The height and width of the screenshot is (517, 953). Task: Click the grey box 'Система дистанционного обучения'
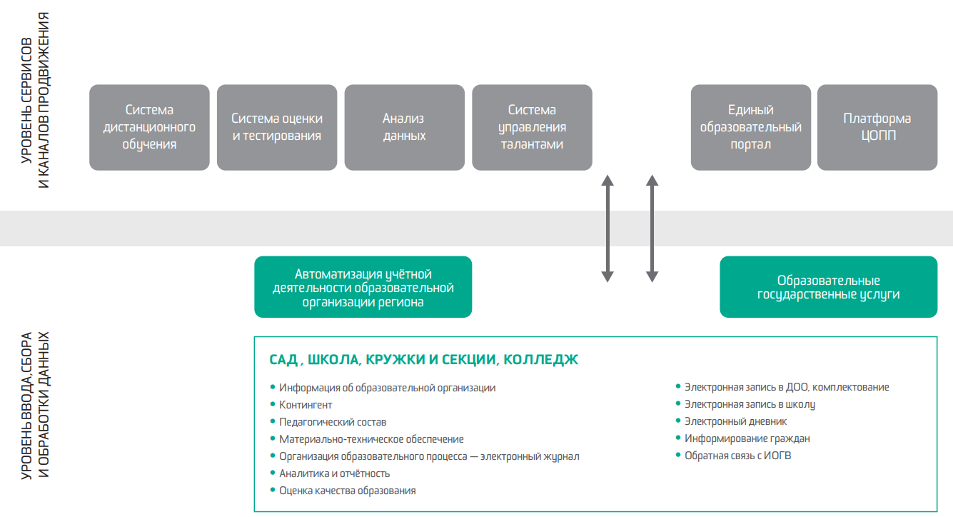click(x=149, y=127)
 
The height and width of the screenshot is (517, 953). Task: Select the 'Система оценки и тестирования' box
click(x=277, y=127)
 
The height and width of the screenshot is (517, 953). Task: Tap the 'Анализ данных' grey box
click(x=404, y=127)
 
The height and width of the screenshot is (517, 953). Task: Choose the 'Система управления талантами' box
click(x=532, y=127)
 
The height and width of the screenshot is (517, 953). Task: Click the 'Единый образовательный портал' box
click(x=751, y=127)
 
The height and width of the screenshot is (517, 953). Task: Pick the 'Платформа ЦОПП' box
click(x=877, y=127)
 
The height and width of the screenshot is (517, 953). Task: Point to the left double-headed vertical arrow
click(x=607, y=229)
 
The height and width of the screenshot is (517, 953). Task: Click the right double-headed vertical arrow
click(x=652, y=229)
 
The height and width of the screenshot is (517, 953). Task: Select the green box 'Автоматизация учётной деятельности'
click(x=363, y=287)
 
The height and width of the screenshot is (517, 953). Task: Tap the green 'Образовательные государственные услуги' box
click(x=828, y=287)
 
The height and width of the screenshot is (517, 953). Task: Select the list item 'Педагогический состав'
click(x=333, y=422)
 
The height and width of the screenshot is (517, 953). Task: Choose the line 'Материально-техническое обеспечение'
click(x=371, y=439)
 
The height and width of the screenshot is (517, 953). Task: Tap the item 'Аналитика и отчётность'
click(x=334, y=473)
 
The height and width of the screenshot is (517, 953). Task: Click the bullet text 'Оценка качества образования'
click(x=347, y=491)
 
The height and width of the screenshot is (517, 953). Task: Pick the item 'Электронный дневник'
click(x=735, y=421)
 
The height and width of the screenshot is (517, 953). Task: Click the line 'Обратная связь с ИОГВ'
click(x=737, y=456)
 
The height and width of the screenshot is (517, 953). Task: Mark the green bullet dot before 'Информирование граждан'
click(x=677, y=438)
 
